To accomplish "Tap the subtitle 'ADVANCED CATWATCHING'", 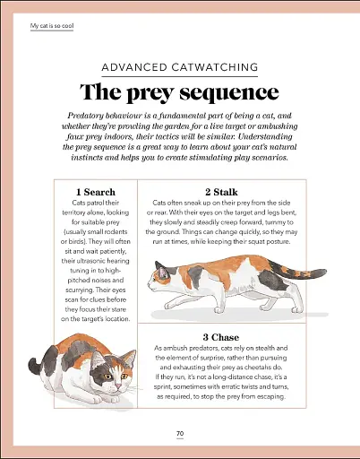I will coord(180,67).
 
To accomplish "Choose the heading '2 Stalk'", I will coord(220,192).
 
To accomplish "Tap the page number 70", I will coord(180,434).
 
